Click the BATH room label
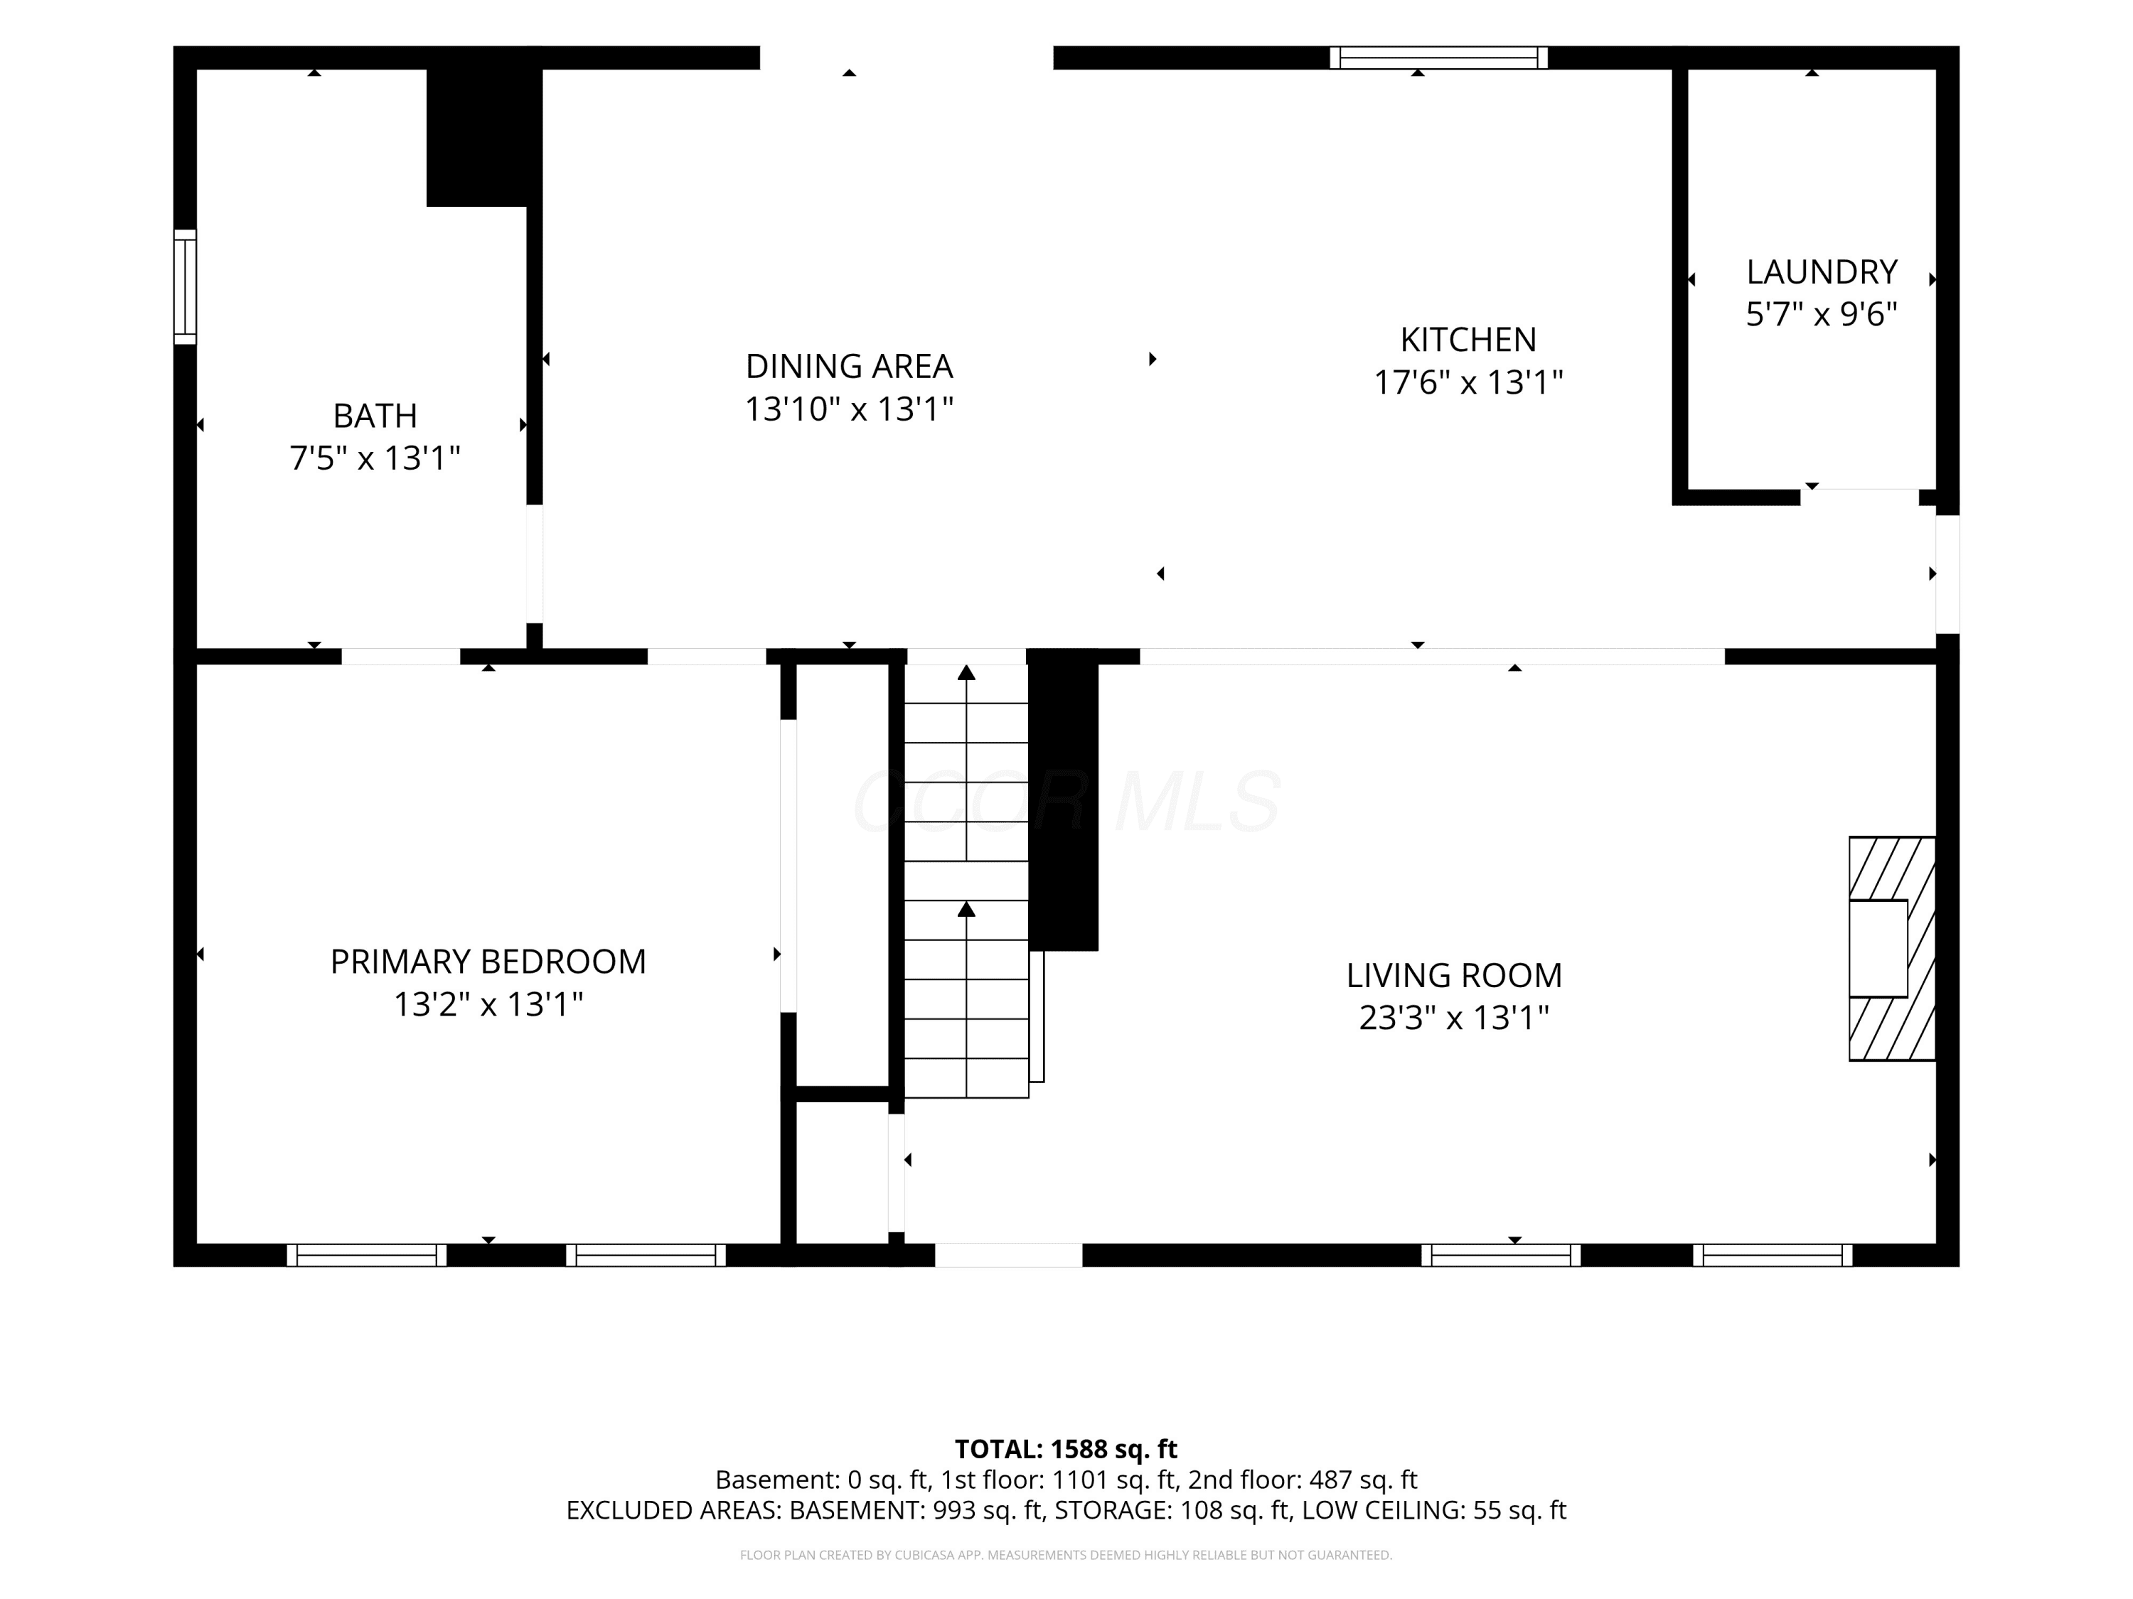click(x=375, y=416)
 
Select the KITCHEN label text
click(x=1468, y=339)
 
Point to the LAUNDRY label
click(x=1822, y=271)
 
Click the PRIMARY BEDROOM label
click(x=488, y=961)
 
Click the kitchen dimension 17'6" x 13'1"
click(x=1468, y=382)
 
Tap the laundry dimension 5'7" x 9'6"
click(x=1822, y=314)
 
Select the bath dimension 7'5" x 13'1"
click(x=375, y=458)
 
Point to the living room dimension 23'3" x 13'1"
click(x=1454, y=1018)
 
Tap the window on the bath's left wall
click(x=185, y=286)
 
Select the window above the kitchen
click(x=1439, y=58)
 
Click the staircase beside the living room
click(x=966, y=881)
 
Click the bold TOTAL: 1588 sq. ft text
click(x=1066, y=1448)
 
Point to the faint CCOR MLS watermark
click(x=1066, y=802)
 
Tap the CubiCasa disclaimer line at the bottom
click(x=1066, y=1555)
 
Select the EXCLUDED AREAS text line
click(x=1066, y=1510)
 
